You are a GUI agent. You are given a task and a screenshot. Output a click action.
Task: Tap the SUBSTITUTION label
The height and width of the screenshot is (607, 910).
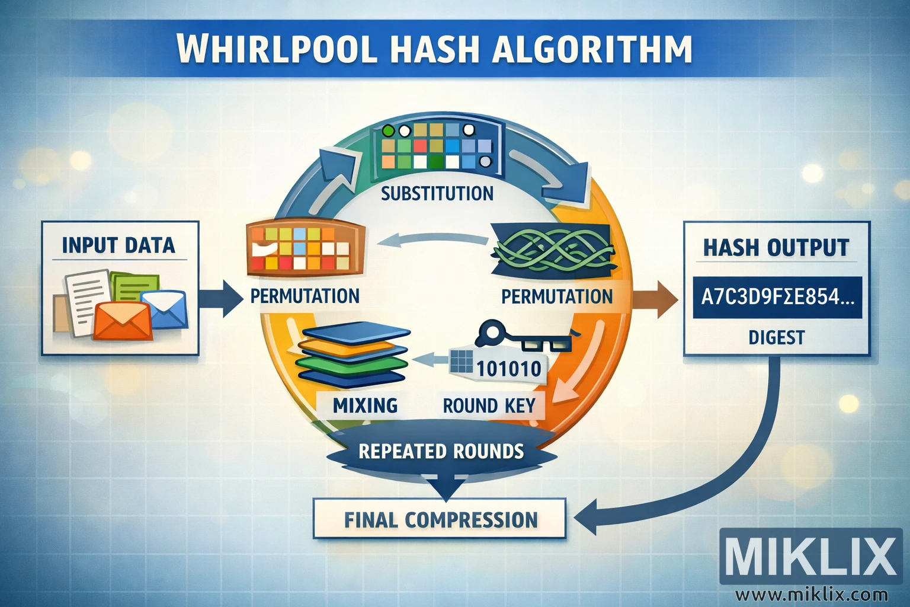click(437, 194)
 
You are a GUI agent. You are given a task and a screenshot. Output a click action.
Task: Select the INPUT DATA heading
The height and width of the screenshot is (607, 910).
click(118, 245)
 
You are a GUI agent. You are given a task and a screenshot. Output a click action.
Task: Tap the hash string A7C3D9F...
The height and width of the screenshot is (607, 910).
click(777, 296)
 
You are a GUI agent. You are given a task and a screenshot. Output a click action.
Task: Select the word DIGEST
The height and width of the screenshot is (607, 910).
click(776, 338)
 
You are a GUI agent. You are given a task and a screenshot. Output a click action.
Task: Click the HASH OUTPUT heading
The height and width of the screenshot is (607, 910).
click(776, 247)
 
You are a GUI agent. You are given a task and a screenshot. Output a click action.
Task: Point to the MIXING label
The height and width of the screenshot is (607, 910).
click(365, 405)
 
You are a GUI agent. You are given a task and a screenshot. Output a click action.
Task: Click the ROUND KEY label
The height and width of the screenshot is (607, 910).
click(489, 406)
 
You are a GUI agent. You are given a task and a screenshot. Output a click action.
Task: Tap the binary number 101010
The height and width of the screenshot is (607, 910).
click(508, 369)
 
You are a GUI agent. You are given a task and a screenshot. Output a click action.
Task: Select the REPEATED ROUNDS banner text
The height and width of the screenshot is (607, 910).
click(441, 452)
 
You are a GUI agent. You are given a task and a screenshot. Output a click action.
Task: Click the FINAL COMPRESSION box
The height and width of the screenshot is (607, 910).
click(440, 519)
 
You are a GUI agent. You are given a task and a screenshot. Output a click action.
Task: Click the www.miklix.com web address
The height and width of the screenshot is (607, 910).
click(811, 594)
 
